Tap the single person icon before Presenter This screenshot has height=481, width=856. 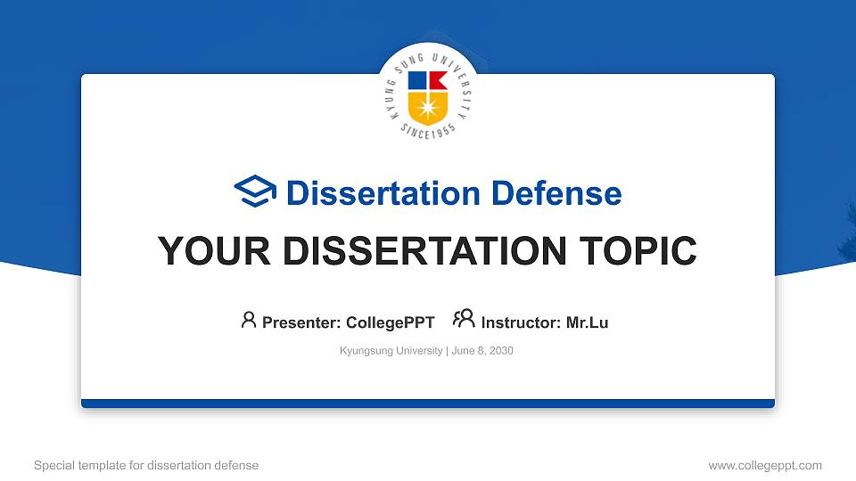[x=249, y=320]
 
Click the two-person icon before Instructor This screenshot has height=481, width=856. [x=464, y=320]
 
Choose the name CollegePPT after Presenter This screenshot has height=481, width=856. [x=390, y=322]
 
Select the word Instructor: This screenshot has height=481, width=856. [x=521, y=322]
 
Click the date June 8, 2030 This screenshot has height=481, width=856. [x=482, y=351]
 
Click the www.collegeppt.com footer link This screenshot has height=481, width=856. [x=764, y=465]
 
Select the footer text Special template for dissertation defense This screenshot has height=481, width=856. [x=146, y=465]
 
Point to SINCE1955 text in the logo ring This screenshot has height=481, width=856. [x=428, y=132]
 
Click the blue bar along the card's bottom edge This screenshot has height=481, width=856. [x=428, y=404]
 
